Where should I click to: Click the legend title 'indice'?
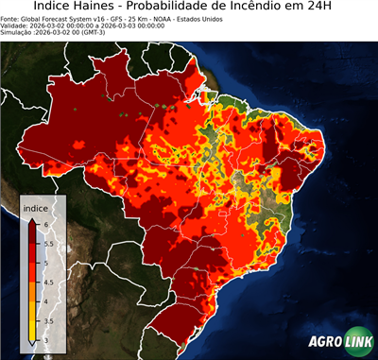click(x=35, y=207)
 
